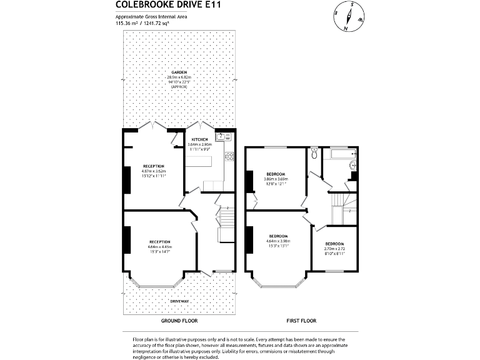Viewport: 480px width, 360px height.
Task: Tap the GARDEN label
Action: (x=179, y=72)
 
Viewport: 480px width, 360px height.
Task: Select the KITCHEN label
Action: (x=199, y=139)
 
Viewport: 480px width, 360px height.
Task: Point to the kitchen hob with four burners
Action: (x=229, y=157)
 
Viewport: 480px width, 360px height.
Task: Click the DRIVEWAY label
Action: (x=179, y=301)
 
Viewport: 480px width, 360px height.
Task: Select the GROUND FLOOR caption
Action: (x=179, y=321)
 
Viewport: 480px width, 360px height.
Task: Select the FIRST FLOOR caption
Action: (x=301, y=321)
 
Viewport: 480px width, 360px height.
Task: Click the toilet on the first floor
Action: (x=314, y=152)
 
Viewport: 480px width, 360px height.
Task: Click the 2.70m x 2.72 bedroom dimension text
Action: (x=334, y=249)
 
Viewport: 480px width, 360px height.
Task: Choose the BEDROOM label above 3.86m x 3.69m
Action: (x=276, y=173)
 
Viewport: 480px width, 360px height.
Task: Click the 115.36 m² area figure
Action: (x=126, y=23)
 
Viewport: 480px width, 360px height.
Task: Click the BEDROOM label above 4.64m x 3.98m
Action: (x=278, y=236)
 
